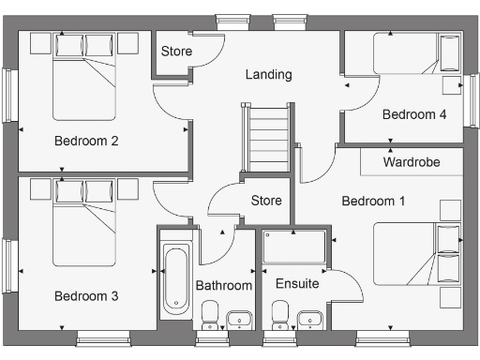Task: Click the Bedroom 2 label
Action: [85, 142]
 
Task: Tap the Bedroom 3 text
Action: [85, 296]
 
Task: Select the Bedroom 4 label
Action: [413, 114]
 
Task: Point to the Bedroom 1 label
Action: [373, 202]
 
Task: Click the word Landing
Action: [269, 74]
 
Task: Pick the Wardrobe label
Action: [412, 162]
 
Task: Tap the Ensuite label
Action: [297, 283]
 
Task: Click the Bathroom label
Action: [223, 285]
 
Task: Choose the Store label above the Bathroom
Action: [266, 201]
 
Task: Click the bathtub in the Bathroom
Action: [175, 279]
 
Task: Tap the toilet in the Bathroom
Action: [209, 315]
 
